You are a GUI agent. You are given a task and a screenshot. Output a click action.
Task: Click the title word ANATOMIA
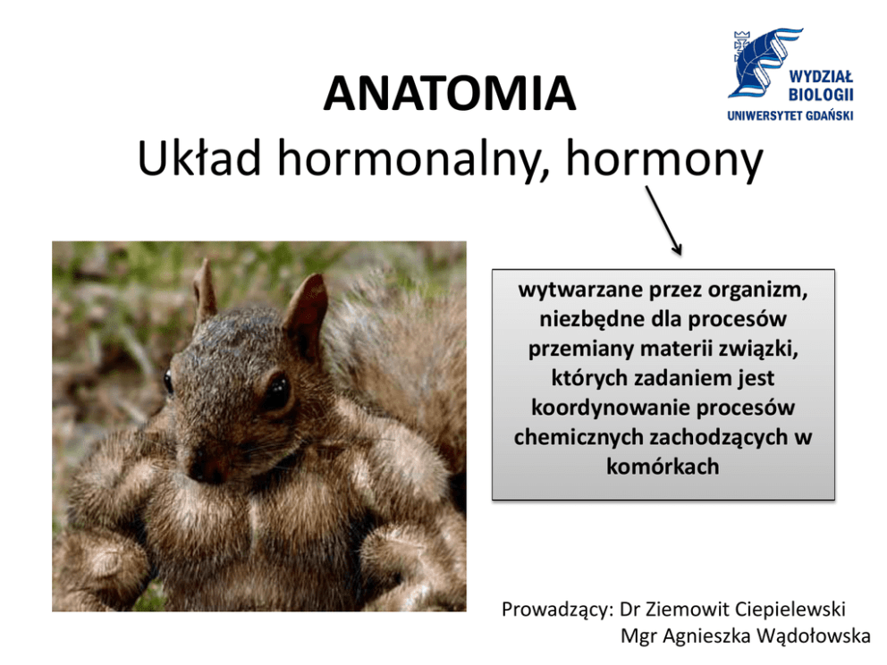[x=450, y=93]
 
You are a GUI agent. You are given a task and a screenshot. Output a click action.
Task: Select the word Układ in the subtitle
[x=199, y=158]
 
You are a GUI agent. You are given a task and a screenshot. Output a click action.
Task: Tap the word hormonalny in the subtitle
[x=414, y=161]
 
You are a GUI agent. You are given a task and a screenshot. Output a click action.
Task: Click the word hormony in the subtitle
[x=664, y=161]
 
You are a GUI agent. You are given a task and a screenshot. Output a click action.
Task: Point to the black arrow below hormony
[x=663, y=221]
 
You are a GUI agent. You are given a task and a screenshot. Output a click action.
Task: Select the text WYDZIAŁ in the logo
[x=821, y=76]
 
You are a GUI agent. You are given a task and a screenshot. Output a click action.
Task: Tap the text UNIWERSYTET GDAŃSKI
[x=790, y=116]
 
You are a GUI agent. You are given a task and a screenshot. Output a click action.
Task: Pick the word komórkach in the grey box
[x=663, y=467]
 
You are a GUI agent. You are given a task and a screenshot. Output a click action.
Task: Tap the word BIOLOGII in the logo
[x=821, y=95]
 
